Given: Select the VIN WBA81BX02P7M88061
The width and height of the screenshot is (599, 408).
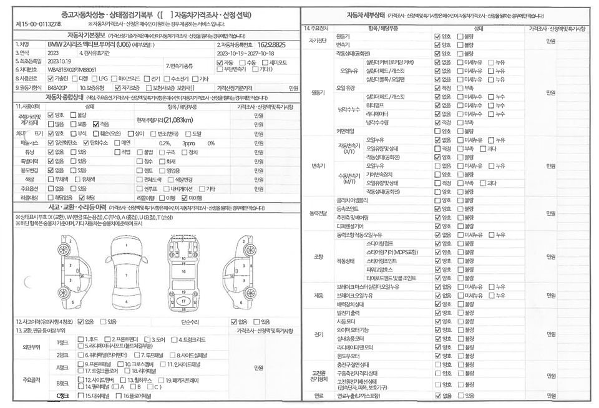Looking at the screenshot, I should point(72,70).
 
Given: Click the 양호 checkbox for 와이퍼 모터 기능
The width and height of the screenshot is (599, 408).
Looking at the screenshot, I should point(437,329).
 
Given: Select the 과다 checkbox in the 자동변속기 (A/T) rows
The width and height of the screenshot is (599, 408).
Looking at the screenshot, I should point(482,148).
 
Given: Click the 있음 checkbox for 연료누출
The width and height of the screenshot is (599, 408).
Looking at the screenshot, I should point(461,395).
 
